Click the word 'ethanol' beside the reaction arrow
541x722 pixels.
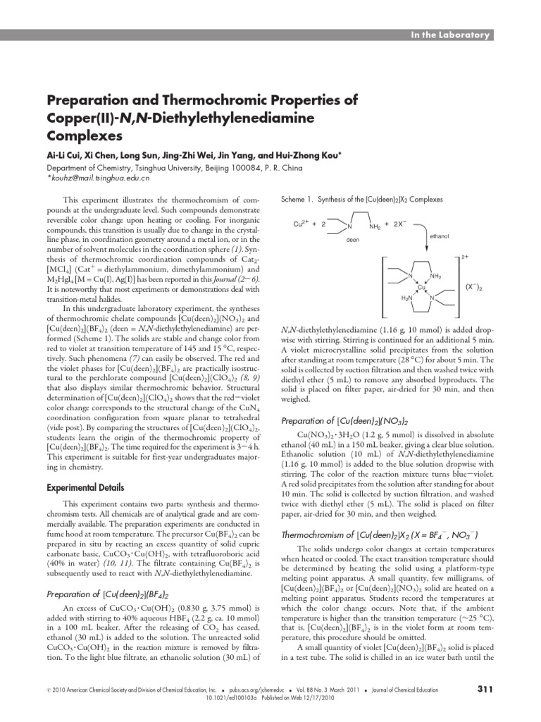[439, 236]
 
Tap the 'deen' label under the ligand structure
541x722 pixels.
[353, 240]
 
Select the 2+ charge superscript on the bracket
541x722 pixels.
[466, 258]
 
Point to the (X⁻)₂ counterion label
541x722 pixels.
[474, 287]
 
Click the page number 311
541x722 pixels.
[485, 689]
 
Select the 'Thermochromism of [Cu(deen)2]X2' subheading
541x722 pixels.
[380, 534]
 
